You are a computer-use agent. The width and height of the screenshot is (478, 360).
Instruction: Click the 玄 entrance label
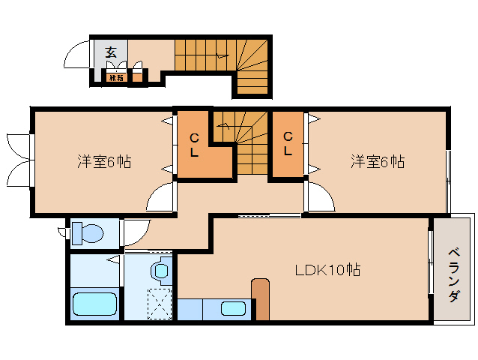(x=111, y=52)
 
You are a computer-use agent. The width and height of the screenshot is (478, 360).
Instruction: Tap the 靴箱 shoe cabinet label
(x=115, y=77)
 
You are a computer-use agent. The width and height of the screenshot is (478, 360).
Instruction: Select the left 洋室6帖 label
(x=104, y=161)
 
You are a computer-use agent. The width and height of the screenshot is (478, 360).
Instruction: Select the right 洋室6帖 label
(x=378, y=161)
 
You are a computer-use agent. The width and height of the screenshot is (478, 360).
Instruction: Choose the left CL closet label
(x=194, y=145)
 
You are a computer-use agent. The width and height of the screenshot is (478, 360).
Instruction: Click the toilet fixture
(x=87, y=233)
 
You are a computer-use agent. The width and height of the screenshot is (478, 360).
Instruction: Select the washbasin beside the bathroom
(x=160, y=270)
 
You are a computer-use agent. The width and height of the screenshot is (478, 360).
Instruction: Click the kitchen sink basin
(x=234, y=308)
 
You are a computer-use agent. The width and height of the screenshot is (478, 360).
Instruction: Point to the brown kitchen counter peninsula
(x=260, y=298)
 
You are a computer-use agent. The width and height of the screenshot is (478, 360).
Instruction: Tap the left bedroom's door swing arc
(x=162, y=199)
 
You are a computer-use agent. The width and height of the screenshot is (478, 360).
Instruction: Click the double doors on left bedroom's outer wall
(x=19, y=158)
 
